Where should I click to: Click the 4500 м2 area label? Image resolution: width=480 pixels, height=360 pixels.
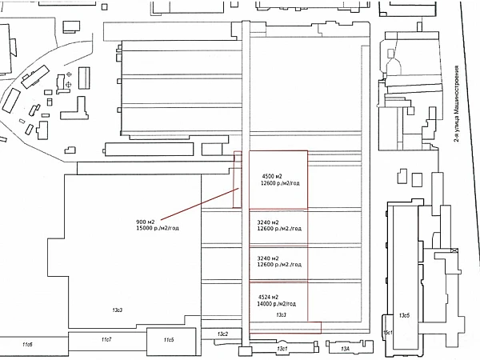[271, 175]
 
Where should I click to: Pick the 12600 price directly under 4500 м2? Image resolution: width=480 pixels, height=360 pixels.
[278, 183]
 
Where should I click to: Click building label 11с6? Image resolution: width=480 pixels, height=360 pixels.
[27, 344]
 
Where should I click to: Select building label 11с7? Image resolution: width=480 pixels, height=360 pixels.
[106, 340]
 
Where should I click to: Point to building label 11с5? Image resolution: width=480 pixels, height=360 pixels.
[169, 340]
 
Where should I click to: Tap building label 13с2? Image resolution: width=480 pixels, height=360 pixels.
[223, 333]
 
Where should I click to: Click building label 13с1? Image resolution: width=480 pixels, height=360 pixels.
[282, 349]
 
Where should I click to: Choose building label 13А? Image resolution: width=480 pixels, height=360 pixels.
[346, 349]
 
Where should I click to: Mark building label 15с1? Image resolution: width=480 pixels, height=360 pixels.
[388, 332]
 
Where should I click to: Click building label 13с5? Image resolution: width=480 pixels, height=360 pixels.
[405, 314]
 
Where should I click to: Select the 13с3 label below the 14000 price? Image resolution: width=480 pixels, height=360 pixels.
[281, 314]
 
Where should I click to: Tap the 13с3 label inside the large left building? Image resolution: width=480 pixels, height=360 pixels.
[117, 309]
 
